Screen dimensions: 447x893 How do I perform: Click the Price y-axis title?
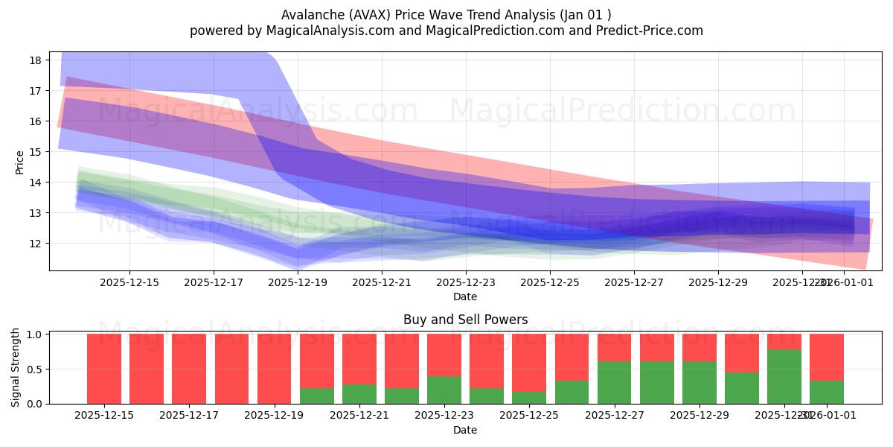pos(20,161)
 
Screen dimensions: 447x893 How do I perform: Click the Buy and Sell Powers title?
pos(465,320)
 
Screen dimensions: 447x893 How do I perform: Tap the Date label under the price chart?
pos(465,297)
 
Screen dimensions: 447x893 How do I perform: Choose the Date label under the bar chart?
pos(465,430)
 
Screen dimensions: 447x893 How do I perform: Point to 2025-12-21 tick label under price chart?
pos(381,282)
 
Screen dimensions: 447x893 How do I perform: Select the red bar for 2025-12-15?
pos(104,369)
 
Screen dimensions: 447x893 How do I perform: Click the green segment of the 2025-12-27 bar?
pos(614,383)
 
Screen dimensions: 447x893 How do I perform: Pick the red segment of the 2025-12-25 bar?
pos(529,362)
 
